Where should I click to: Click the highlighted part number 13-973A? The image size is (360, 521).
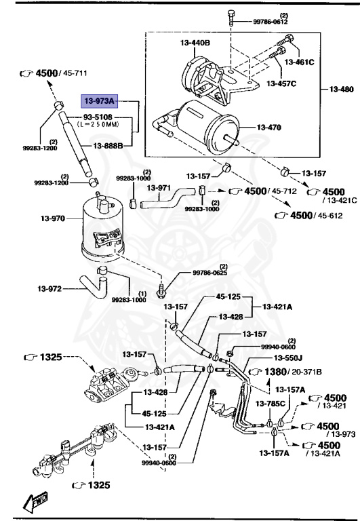(x=100, y=100)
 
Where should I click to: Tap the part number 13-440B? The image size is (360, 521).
(x=196, y=43)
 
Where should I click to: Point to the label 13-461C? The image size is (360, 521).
(x=300, y=62)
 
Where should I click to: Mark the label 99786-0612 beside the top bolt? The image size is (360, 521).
(x=271, y=22)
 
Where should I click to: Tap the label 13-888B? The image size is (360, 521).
(x=108, y=146)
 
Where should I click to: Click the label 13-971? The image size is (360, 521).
(x=161, y=186)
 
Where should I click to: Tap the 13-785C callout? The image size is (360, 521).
(x=270, y=404)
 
